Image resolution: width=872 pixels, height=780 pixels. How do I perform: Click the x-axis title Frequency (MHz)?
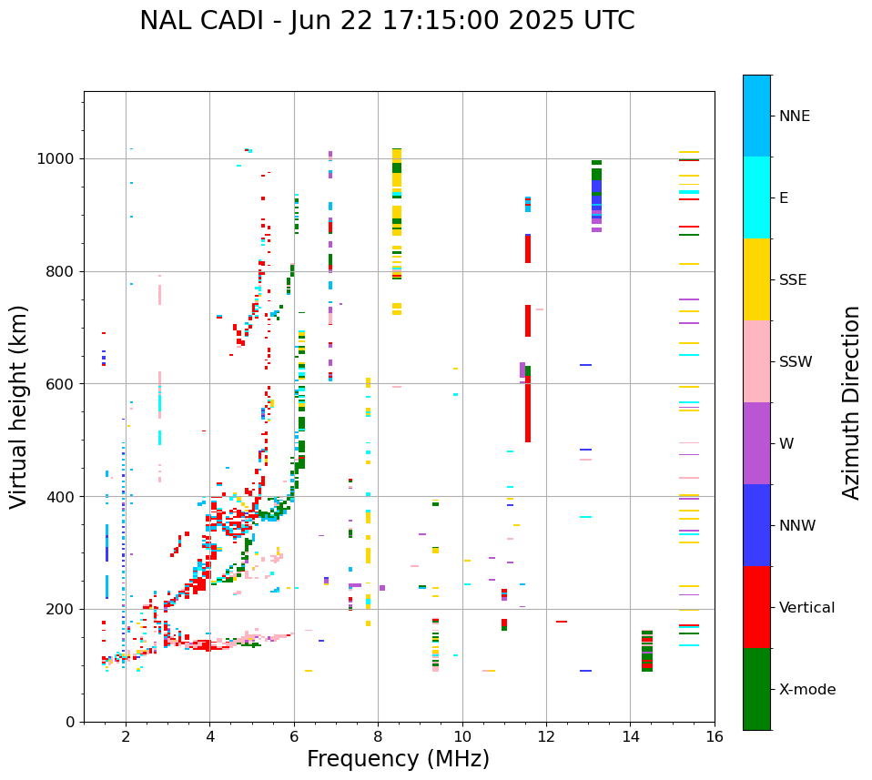point(398,759)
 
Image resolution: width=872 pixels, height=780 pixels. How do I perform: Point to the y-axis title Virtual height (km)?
point(19,407)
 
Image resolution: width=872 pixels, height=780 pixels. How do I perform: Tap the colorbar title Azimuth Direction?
point(851,402)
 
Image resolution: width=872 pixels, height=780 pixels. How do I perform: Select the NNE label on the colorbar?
point(794,116)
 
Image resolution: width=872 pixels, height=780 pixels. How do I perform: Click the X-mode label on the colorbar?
point(806,690)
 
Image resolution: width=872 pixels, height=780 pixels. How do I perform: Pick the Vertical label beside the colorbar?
point(806,608)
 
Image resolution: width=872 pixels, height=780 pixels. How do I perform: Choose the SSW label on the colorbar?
point(796,362)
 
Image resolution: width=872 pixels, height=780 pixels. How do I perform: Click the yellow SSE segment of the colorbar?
point(756,279)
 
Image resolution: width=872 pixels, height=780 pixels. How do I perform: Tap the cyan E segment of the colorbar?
point(756,198)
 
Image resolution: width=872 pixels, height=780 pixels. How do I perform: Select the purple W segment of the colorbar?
point(756,443)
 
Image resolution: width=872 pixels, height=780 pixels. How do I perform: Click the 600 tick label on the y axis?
point(66,384)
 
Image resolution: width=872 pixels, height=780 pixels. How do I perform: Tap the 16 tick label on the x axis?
point(715,736)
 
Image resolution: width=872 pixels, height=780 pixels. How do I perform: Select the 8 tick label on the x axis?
point(378,736)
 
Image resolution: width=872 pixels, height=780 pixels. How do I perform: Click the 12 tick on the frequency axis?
point(546,736)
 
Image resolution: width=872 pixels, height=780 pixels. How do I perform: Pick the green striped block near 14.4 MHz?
point(646,651)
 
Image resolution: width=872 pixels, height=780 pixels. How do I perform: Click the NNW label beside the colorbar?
point(797,526)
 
